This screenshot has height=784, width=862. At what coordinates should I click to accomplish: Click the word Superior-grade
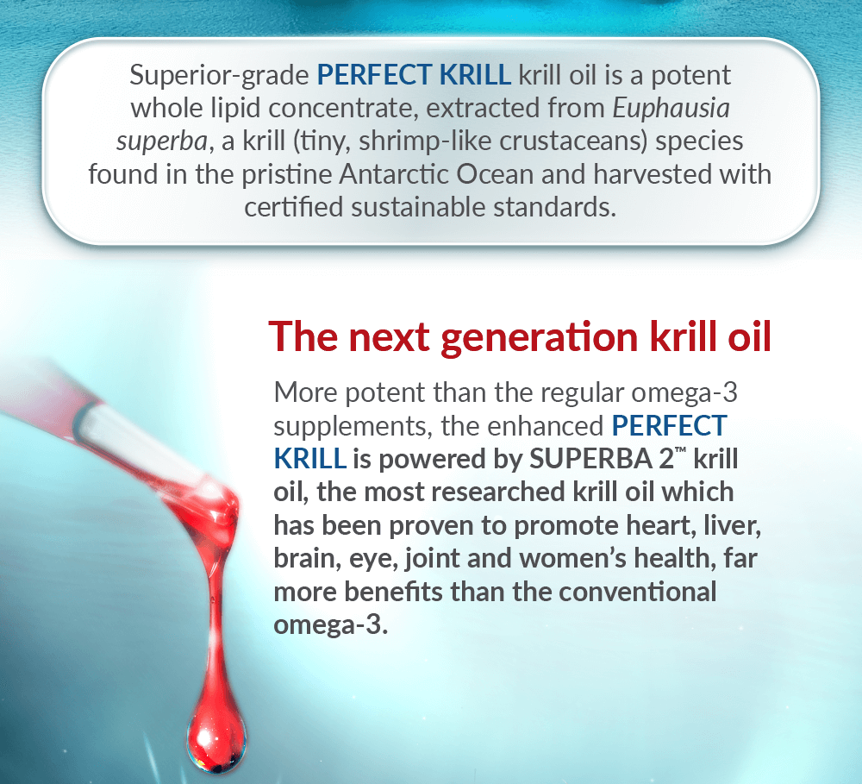(219, 76)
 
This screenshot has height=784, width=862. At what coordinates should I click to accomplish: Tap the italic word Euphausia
(671, 108)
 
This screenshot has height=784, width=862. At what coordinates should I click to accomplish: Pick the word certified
(294, 207)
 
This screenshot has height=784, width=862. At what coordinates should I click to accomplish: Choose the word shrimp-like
(425, 141)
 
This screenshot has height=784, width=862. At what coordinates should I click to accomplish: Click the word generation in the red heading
(539, 338)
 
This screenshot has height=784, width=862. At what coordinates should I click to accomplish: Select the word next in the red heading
(389, 336)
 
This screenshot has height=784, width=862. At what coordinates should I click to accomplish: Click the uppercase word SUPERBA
(590, 460)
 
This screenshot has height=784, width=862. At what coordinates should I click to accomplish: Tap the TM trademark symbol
(681, 450)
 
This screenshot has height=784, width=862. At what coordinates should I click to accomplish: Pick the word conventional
(637, 592)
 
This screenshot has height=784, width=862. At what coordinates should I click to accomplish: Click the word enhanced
(546, 426)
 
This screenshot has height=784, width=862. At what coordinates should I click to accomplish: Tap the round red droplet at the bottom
(216, 741)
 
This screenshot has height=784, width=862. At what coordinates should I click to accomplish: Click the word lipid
(235, 108)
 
